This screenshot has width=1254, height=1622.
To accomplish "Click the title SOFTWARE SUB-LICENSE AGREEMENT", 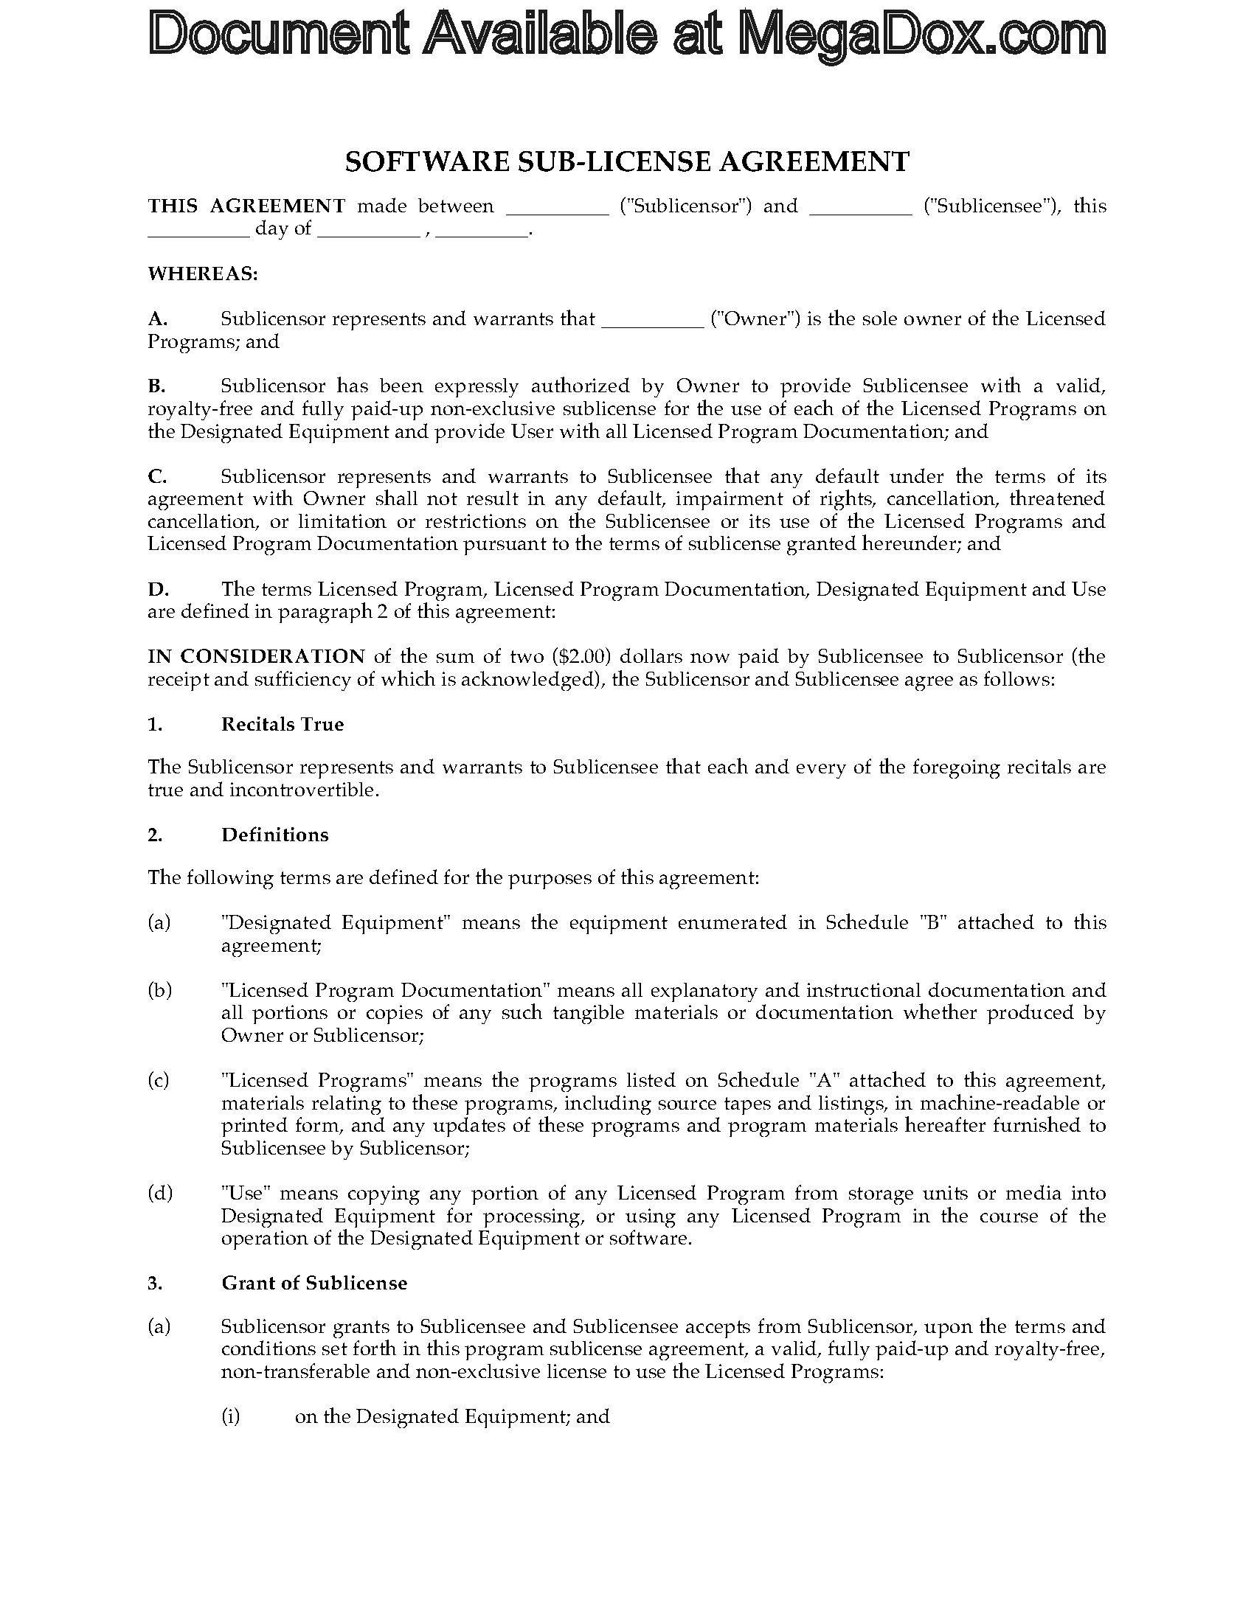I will [627, 162].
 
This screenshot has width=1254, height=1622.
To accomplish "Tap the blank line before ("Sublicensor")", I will [557, 208].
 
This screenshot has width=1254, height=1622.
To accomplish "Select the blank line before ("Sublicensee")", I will [860, 208].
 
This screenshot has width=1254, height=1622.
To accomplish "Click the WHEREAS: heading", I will [203, 274].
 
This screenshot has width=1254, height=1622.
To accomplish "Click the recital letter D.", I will [158, 590].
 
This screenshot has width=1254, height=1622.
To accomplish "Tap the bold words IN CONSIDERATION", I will [256, 656].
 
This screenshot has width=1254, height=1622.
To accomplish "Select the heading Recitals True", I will [283, 724].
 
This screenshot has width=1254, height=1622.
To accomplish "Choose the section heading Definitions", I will [275, 835].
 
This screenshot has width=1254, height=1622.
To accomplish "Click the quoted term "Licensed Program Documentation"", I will [385, 990].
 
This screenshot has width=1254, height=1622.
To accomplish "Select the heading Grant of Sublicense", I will [314, 1284].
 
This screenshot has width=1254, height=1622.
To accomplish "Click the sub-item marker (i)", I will [231, 1416].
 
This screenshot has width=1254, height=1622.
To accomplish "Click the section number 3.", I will [154, 1284].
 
